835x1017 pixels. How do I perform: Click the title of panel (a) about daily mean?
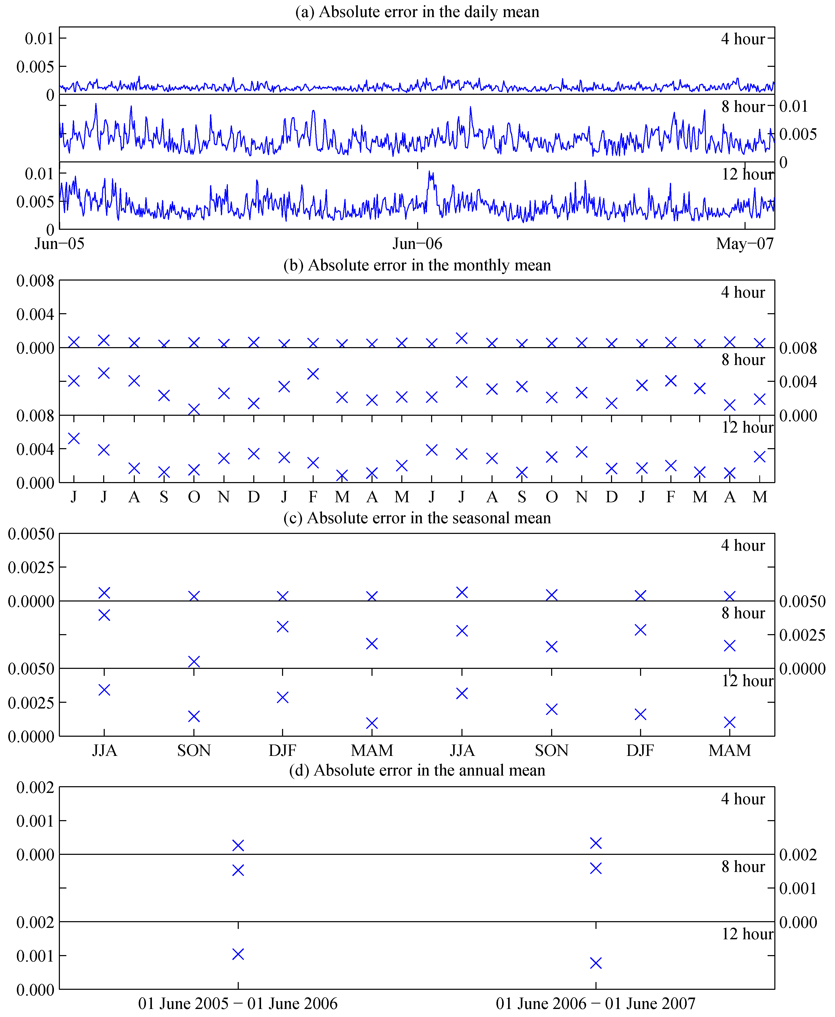pos(417,12)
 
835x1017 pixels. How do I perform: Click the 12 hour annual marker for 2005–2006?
pos(238,954)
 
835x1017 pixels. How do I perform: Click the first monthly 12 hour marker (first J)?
pos(74,438)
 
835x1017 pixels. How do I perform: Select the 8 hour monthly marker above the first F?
pos(313,374)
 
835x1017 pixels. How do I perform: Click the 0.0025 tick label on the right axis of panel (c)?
pos(802,635)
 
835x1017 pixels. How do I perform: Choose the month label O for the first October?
pos(194,497)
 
